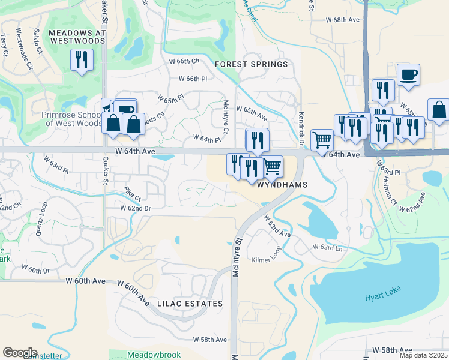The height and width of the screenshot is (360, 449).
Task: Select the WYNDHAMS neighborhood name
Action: pyautogui.click(x=282, y=185)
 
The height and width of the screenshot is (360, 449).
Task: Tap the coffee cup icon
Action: pyautogui.click(x=408, y=75)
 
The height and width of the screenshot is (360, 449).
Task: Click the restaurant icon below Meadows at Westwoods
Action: pyautogui.click(x=81, y=60)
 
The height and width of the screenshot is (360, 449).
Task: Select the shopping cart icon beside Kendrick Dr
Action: pyautogui.click(x=322, y=140)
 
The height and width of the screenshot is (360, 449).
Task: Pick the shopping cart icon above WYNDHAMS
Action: pyautogui.click(x=272, y=166)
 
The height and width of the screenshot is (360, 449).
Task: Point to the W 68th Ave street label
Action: pyautogui.click(x=342, y=20)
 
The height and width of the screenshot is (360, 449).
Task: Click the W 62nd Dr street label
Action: pyautogui.click(x=134, y=208)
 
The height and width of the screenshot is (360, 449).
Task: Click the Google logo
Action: pyautogui.click(x=20, y=352)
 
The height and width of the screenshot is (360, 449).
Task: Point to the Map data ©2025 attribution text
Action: pyautogui.click(x=424, y=356)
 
